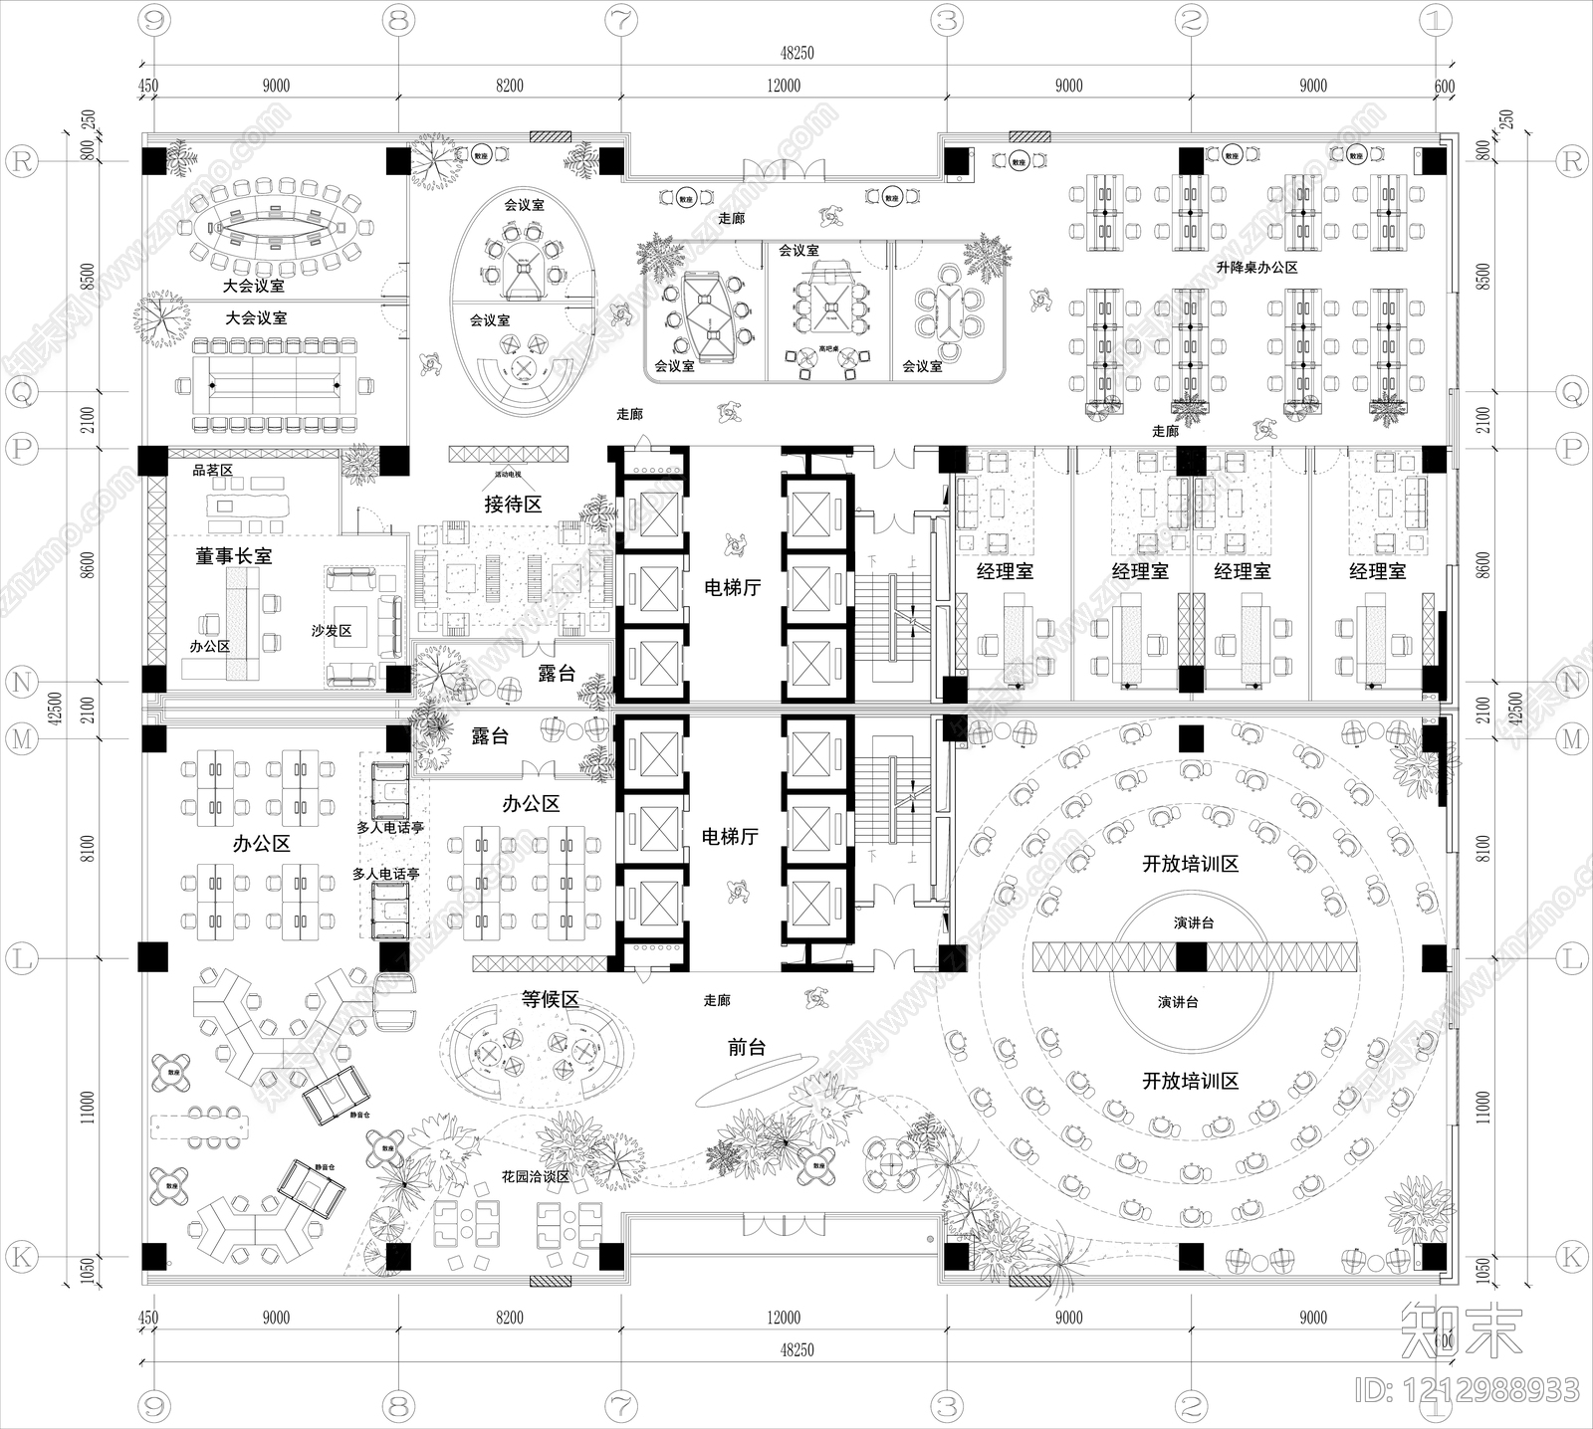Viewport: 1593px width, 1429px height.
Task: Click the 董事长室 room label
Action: pos(233,556)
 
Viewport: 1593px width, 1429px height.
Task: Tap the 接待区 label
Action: pos(513,505)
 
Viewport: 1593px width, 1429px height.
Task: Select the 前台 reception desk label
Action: pos(747,1047)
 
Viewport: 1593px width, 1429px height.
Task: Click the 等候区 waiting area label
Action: pos(551,999)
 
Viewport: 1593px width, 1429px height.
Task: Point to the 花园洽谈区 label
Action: pos(536,1176)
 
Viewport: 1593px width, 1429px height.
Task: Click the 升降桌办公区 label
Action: pos(1256,268)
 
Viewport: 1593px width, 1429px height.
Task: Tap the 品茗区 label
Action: pos(212,470)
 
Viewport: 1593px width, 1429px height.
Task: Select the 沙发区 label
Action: pos(332,631)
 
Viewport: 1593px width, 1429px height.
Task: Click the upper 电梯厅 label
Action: pos(732,588)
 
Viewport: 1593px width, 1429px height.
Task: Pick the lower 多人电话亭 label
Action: pos(385,874)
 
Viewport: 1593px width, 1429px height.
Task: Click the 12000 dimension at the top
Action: pos(784,86)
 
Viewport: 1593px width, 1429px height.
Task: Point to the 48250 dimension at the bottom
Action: pos(796,1350)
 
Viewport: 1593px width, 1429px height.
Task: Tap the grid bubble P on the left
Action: pos(22,449)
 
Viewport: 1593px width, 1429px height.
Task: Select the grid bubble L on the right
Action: pos(1571,958)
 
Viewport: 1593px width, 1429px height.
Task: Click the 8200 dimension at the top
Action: pos(509,86)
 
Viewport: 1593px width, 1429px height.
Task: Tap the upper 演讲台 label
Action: pos(1194,923)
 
